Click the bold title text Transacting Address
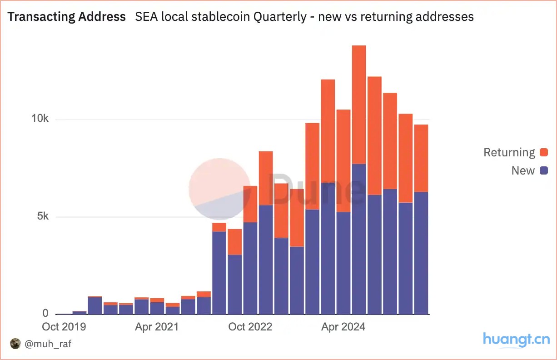67,17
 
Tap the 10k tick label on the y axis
40,119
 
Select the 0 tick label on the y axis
45,314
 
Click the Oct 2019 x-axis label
64,327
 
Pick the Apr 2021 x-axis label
157,327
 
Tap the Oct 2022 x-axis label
250,327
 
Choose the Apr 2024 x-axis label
343,327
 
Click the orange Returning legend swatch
544,153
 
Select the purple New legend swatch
544,171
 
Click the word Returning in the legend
509,153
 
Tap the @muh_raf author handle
48,344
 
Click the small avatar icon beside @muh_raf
15,344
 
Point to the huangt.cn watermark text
516,340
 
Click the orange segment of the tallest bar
359,105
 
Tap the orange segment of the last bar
421,158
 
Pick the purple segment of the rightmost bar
421,253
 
